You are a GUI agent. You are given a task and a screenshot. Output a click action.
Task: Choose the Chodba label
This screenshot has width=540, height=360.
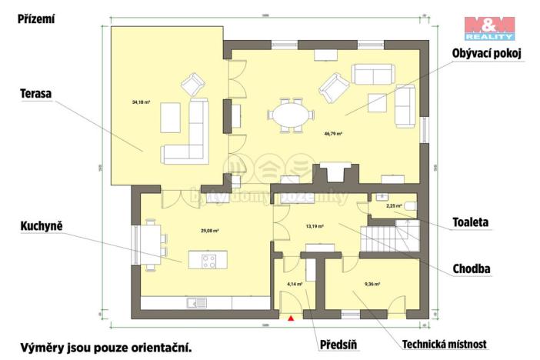pyautogui.click(x=472, y=268)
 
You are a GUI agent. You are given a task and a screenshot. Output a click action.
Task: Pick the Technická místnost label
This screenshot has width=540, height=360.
pyautogui.click(x=444, y=344)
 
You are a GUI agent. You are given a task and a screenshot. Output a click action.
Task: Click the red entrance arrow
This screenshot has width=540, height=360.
pyautogui.click(x=292, y=318)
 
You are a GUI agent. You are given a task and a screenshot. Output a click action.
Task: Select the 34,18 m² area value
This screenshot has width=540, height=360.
pyautogui.click(x=142, y=102)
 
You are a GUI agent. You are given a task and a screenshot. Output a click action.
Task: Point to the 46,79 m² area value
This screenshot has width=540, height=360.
pyautogui.click(x=333, y=133)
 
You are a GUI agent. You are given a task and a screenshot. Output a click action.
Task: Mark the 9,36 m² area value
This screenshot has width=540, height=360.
pyautogui.click(x=372, y=283)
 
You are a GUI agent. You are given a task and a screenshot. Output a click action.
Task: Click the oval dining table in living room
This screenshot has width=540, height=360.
pyautogui.click(x=291, y=115)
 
